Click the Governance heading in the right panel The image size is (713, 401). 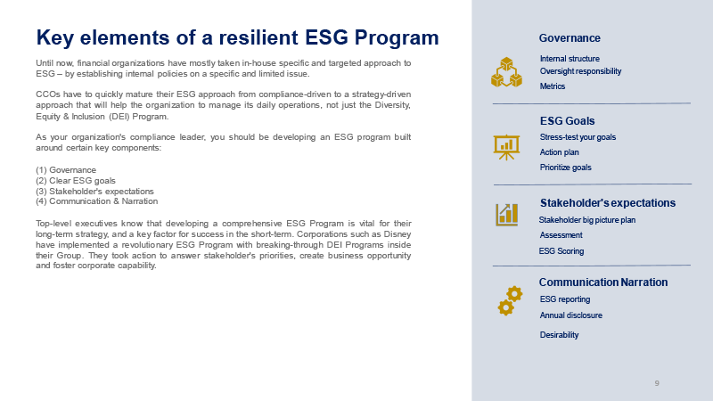coord(570,38)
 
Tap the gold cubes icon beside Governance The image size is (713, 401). coord(506,72)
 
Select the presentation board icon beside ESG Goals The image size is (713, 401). coord(506,147)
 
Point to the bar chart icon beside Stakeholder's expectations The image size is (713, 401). coord(506,215)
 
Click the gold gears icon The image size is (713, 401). coord(510,300)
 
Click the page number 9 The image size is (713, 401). coord(657,383)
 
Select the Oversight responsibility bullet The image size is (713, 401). coord(580,71)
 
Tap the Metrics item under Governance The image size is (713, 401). coord(552,86)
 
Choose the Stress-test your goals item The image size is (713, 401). coord(578,137)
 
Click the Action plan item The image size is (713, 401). coord(559,152)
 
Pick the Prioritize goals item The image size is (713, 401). coord(565,168)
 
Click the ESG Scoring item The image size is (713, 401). coord(561,251)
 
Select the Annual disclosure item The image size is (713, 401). coord(570,315)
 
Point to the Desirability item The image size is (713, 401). coord(559,335)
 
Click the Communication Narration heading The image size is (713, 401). coord(603,282)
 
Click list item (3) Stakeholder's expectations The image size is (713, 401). coord(94,192)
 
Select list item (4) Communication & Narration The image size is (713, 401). coord(97,201)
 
